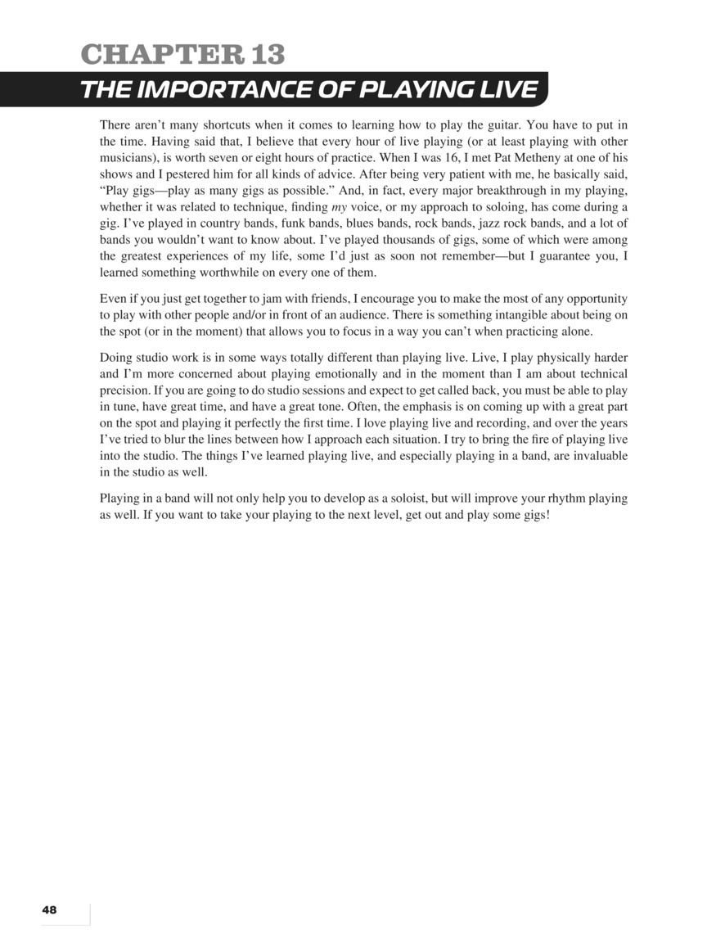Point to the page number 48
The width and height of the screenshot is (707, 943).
click(x=49, y=909)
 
